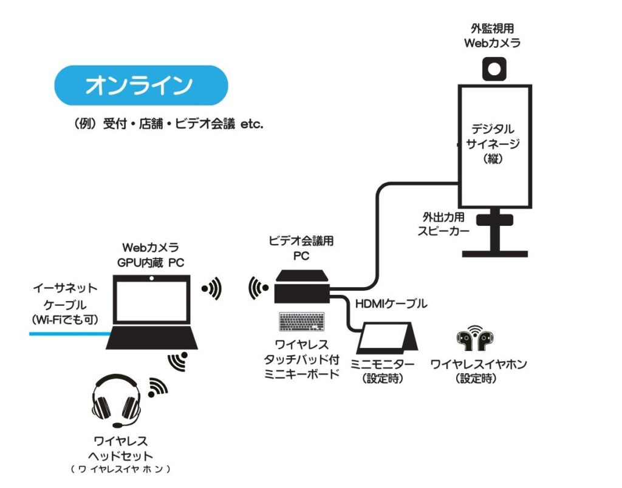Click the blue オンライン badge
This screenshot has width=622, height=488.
(x=141, y=86)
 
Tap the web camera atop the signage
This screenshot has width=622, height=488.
(x=493, y=68)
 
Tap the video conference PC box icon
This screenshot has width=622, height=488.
(x=302, y=287)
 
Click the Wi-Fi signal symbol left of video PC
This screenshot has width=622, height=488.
(x=258, y=289)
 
